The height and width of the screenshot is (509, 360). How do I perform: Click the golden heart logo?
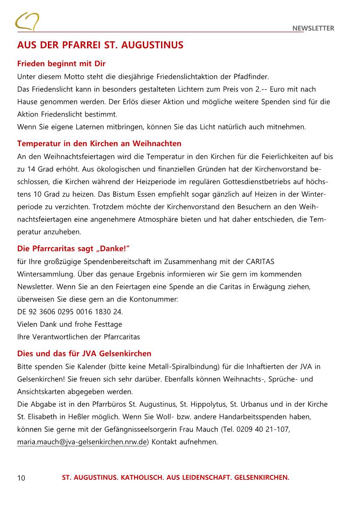click(x=27, y=21)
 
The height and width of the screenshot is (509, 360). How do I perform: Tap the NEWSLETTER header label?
click(x=313, y=29)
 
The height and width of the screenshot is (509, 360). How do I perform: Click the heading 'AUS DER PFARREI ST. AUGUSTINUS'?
click(x=100, y=46)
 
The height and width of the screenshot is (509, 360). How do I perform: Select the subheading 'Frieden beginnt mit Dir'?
click(x=61, y=64)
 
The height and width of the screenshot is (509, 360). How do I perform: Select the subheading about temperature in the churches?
click(x=99, y=144)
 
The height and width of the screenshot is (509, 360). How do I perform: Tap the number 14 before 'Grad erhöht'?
click(x=30, y=169)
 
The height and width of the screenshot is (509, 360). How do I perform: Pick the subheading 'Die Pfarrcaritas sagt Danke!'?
click(x=74, y=249)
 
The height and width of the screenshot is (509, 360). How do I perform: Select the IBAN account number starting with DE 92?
click(x=70, y=312)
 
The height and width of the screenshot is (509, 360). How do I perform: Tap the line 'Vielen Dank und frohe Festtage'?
click(x=70, y=325)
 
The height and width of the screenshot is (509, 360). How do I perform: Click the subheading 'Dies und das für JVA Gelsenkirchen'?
click(x=84, y=354)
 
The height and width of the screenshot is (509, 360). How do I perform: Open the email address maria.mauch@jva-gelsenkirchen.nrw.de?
click(x=81, y=442)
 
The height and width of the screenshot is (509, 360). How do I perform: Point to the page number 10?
click(x=21, y=478)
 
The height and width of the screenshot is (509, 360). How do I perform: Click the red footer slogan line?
click(x=175, y=478)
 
